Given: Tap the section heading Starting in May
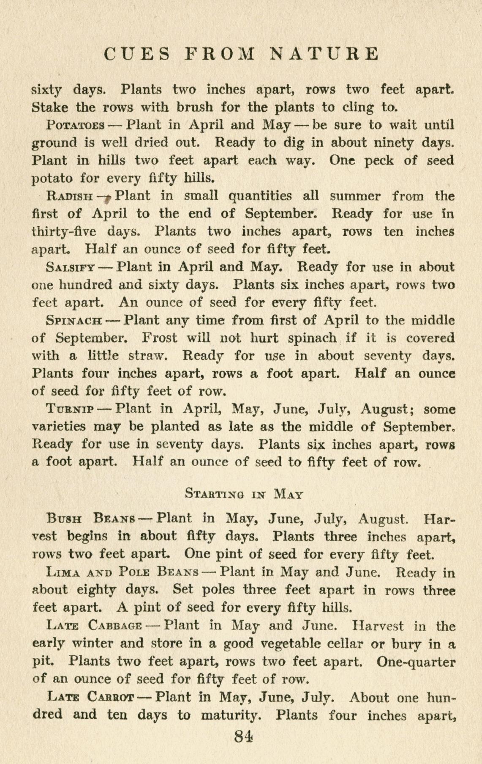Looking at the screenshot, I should (244, 493).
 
